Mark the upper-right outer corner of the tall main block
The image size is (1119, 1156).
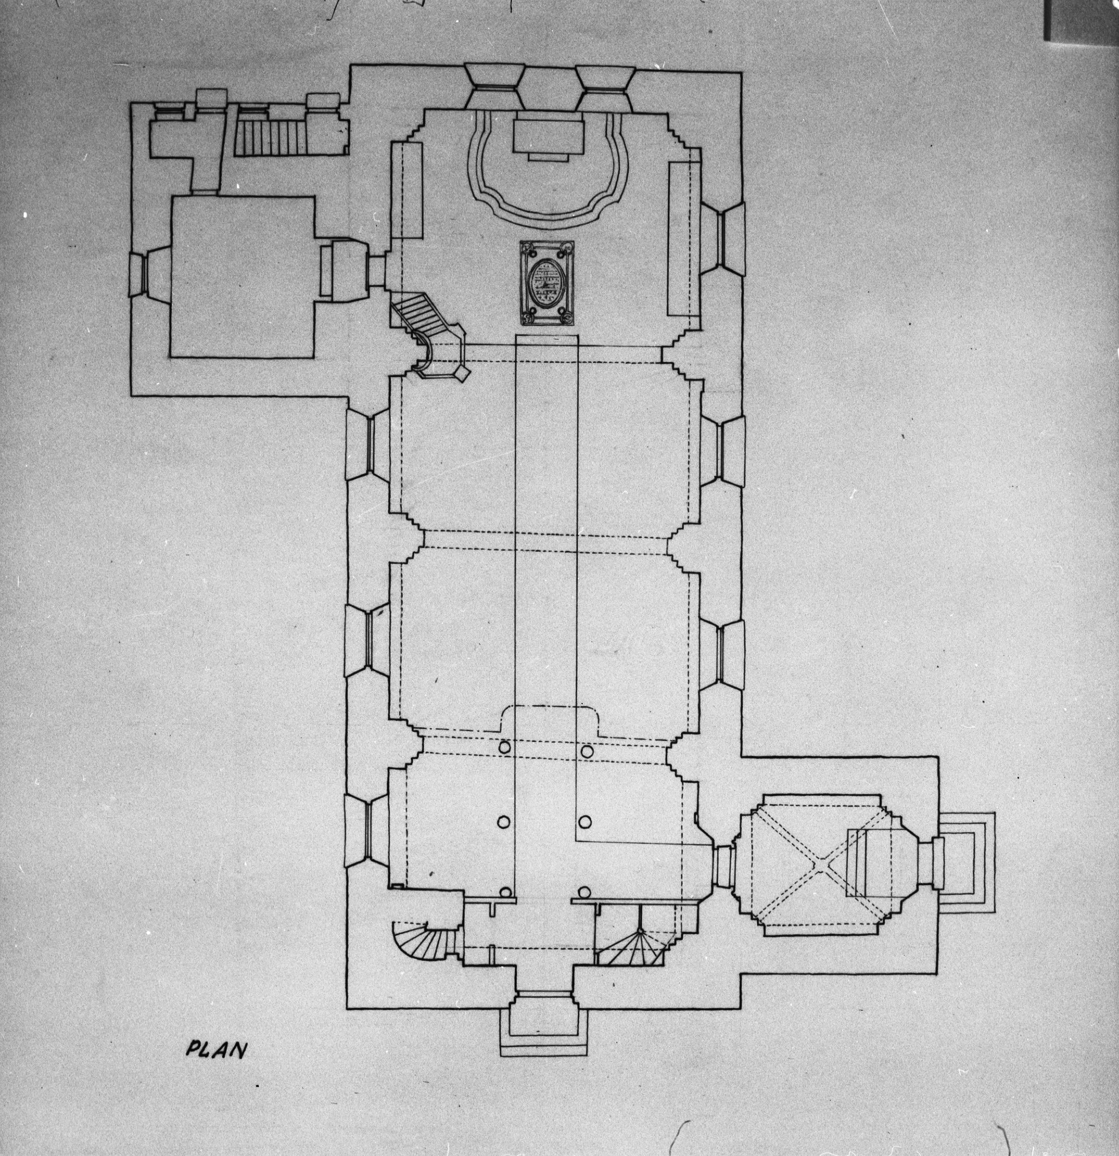click(741, 73)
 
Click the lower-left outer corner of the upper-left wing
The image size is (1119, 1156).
click(131, 395)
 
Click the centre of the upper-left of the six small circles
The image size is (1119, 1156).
click(504, 748)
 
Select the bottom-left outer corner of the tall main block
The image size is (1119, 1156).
click(347, 1008)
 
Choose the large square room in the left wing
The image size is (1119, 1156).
click(242, 277)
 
